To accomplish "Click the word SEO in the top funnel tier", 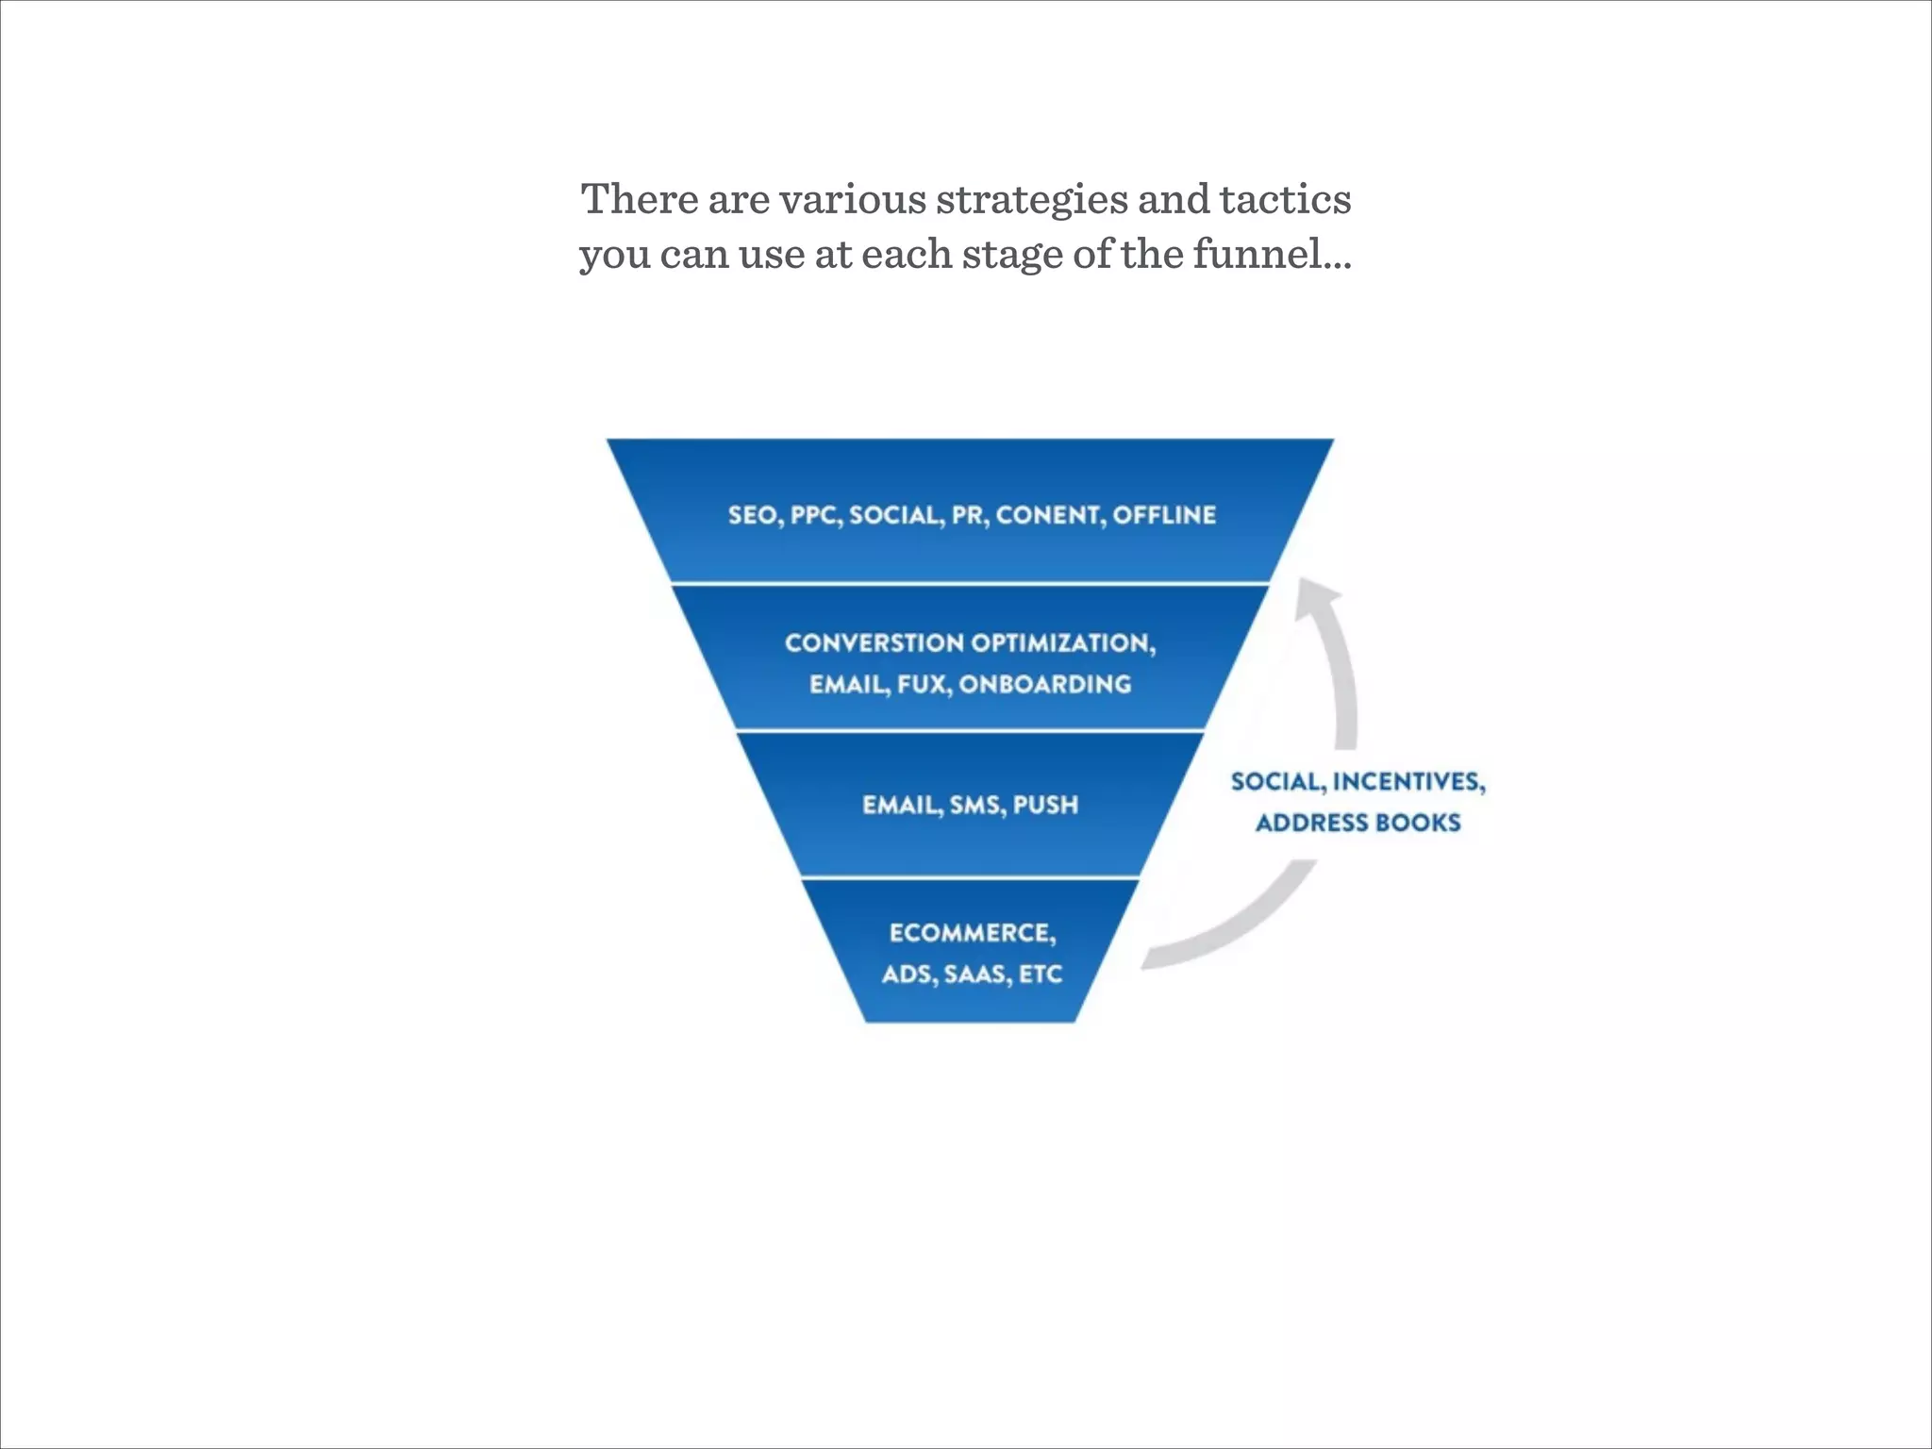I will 752,515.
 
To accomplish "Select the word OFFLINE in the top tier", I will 1164,515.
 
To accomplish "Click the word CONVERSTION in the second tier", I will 874,643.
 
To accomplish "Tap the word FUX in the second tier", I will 922,684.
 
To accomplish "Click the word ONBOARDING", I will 1045,684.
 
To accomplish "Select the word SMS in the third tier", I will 976,805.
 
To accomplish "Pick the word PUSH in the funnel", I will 1045,805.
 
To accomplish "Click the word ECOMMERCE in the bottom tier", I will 972,933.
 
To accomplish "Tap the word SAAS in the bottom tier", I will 976,974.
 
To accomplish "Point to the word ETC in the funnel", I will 1041,974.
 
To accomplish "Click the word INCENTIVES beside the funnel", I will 1407,782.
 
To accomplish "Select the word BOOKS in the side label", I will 1418,823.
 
